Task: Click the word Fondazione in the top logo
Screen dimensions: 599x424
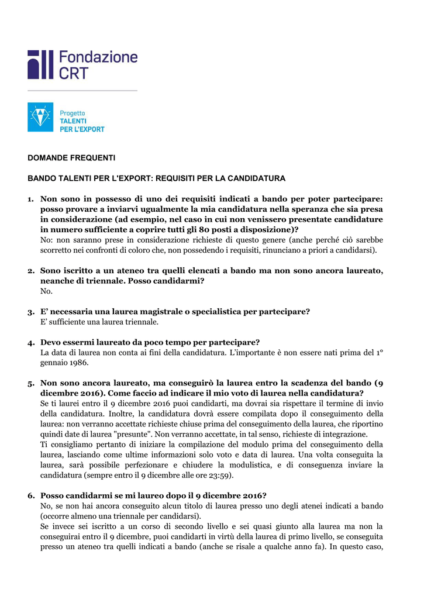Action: [98, 57]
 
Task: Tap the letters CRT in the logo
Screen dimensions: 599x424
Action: [74, 73]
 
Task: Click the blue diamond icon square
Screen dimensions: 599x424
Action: [40, 117]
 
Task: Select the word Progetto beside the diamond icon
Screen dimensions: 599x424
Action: [73, 113]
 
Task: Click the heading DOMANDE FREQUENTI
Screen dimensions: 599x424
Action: [72, 158]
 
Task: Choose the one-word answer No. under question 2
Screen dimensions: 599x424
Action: [46, 291]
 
